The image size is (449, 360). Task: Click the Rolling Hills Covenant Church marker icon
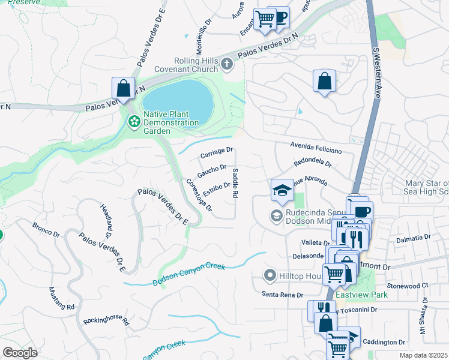click(226, 63)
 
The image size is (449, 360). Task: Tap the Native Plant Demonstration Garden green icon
click(134, 122)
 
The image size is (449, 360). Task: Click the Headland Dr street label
click(109, 216)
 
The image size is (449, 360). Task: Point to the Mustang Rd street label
click(61, 298)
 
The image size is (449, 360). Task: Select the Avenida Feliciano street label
click(316, 147)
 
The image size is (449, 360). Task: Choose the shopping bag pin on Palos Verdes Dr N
click(123, 88)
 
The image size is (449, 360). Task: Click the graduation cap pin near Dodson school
click(282, 190)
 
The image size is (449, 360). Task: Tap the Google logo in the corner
click(20, 353)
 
